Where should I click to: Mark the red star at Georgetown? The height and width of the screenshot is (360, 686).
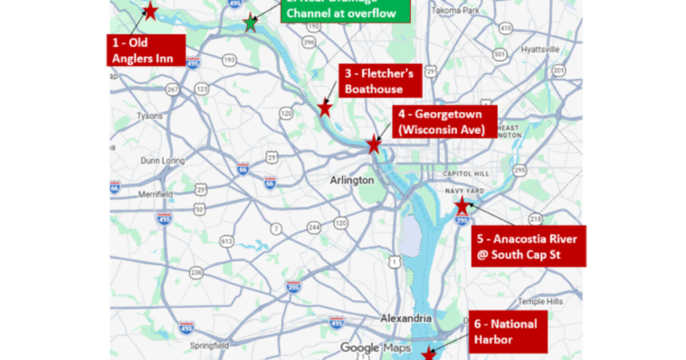click(373, 144)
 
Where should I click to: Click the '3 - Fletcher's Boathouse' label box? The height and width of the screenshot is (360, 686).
click(379, 81)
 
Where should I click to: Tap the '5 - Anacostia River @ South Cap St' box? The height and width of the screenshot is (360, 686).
click(529, 246)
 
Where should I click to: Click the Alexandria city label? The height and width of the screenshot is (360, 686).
click(405, 318)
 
